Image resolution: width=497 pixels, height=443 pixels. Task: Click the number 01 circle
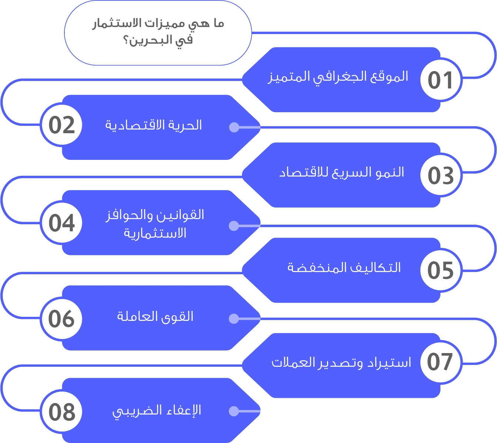point(441,80)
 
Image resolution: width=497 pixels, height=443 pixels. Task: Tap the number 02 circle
point(62,125)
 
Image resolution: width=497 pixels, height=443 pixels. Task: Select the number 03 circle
point(441,175)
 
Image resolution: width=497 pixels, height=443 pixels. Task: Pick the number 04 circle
point(62,222)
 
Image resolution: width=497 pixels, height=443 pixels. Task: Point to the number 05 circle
point(441,270)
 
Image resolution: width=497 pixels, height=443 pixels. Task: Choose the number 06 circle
point(62,319)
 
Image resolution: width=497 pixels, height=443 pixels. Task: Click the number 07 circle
point(441,362)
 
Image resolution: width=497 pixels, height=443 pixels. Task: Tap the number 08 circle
point(62,412)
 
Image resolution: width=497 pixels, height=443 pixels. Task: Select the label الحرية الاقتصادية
point(154,125)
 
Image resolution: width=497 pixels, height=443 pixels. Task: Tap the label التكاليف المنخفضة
point(344,268)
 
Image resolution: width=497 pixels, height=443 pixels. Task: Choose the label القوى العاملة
point(155,317)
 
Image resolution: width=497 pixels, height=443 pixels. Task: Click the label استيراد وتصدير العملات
point(341,363)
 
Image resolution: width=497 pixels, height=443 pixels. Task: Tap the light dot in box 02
point(234,127)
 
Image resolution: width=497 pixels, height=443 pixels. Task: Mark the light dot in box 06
point(234,319)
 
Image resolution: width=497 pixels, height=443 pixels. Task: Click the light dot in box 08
point(234,412)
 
